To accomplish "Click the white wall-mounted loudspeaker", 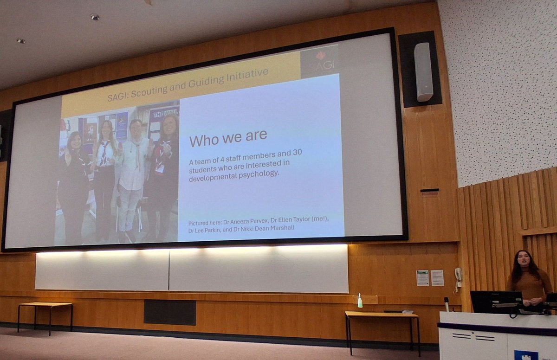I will point(423,71).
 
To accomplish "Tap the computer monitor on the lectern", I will point(496,302).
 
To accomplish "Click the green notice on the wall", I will point(422,277).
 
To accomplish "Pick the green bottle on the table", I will point(360,301).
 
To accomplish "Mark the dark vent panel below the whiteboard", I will point(169,312).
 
